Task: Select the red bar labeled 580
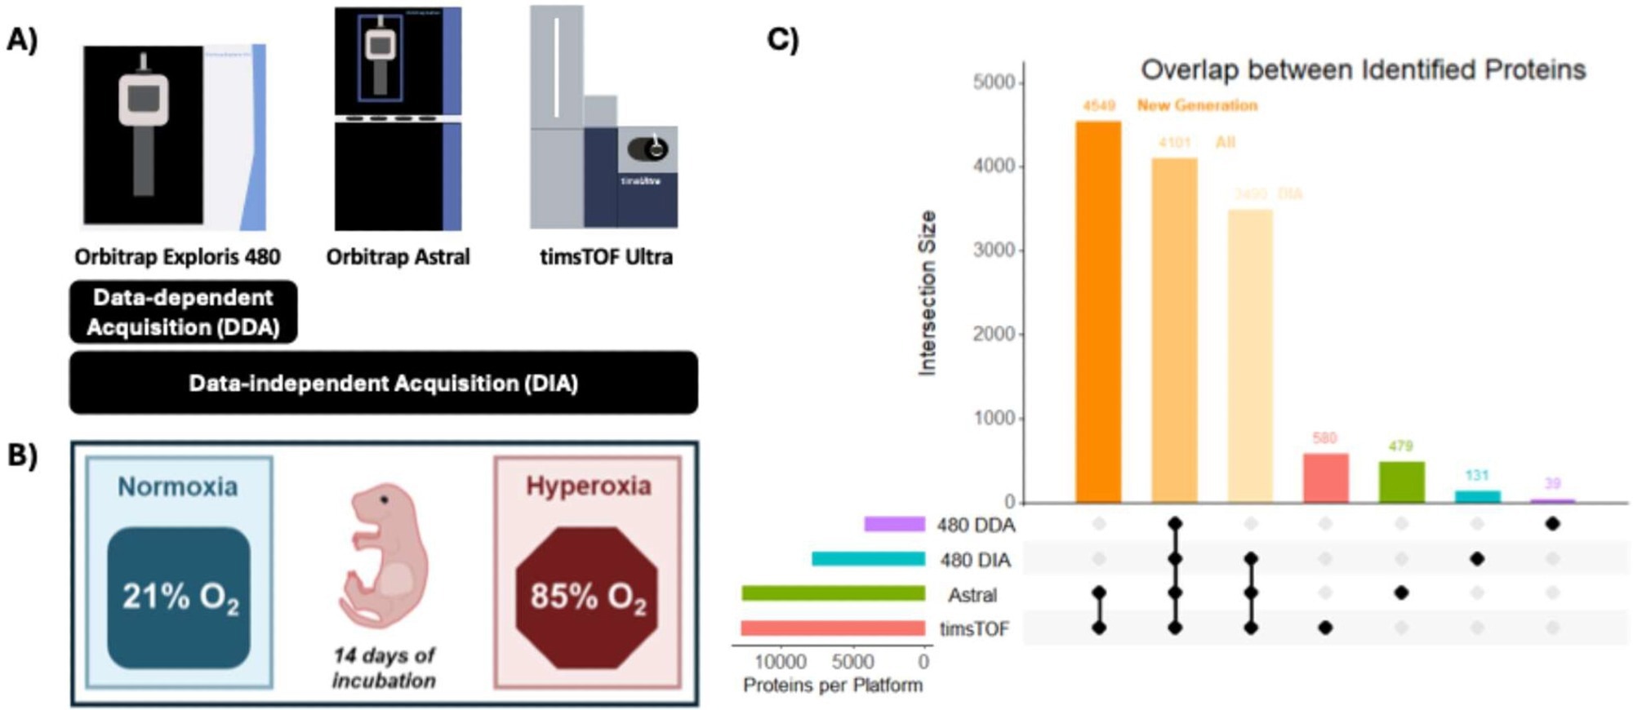click(x=1325, y=478)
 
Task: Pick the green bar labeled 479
click(x=1401, y=482)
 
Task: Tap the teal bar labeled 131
click(x=1477, y=496)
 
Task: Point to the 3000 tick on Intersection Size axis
click(x=993, y=250)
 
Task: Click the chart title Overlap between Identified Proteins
click(x=1363, y=70)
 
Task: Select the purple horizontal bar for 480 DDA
click(x=895, y=524)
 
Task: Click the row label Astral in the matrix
click(x=972, y=595)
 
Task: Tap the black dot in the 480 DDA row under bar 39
click(x=1553, y=524)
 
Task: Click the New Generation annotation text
click(x=1197, y=105)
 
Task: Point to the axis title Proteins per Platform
click(x=833, y=686)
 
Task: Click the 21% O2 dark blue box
click(x=179, y=597)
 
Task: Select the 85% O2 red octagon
click(x=587, y=597)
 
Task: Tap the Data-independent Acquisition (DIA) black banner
click(x=383, y=383)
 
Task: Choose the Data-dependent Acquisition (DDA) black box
click(x=183, y=312)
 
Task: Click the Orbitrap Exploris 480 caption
click(x=177, y=257)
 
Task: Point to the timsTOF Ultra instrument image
click(x=603, y=118)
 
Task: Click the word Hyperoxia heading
click(x=588, y=486)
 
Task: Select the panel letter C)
click(x=782, y=39)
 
